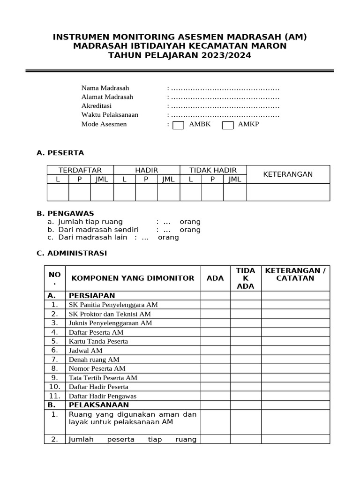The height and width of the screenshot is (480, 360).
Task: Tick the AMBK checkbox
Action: [178, 125]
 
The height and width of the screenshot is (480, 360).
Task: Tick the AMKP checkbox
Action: [227, 125]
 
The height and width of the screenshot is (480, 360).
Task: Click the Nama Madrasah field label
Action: [105, 88]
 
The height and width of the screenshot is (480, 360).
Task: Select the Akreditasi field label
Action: [97, 106]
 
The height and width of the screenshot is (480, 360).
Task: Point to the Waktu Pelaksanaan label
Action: [110, 115]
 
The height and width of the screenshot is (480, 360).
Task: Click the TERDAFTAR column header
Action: [80, 170]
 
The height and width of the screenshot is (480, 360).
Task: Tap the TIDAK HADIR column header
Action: [213, 170]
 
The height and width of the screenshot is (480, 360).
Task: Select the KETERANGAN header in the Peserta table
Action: [288, 174]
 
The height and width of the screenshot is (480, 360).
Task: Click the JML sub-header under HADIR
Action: [168, 179]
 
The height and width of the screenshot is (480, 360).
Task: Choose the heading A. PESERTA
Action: [60, 153]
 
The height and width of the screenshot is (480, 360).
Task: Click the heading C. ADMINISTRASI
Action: [72, 253]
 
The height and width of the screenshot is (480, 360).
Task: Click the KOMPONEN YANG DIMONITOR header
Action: [133, 278]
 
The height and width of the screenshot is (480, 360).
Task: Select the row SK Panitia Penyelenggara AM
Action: [113, 305]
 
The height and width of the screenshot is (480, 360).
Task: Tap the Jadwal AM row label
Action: [85, 350]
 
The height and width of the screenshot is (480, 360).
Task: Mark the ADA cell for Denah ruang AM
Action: [215, 360]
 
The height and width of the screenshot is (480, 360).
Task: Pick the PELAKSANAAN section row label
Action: [98, 405]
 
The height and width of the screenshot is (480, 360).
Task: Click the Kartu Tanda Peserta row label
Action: [98, 341]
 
